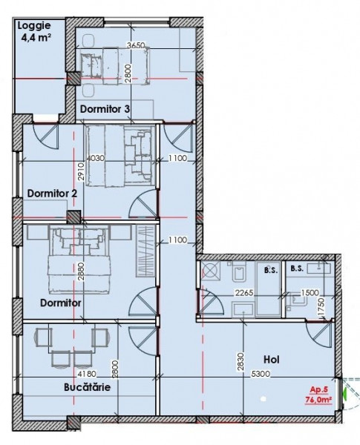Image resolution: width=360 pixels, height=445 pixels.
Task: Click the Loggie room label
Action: click(x=34, y=26)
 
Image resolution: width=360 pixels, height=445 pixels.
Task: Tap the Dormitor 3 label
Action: click(x=105, y=109)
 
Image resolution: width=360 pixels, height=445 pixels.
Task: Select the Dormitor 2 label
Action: click(x=52, y=194)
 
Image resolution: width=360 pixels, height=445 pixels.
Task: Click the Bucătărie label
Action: click(x=87, y=387)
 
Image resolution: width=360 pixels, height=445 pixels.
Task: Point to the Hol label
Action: click(x=272, y=360)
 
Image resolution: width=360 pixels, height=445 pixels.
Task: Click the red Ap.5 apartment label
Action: click(x=318, y=389)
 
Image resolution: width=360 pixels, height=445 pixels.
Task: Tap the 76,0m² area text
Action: click(x=318, y=400)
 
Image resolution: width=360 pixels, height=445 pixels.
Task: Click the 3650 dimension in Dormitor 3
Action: click(x=136, y=45)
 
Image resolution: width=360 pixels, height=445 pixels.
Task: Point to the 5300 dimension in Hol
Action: click(x=261, y=374)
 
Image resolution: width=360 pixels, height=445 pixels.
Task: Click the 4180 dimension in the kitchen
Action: click(x=87, y=374)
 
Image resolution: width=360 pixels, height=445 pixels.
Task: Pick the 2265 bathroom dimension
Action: click(x=244, y=293)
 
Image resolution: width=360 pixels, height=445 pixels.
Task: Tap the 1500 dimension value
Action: click(x=310, y=293)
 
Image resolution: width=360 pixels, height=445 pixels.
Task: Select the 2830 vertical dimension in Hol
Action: click(x=241, y=362)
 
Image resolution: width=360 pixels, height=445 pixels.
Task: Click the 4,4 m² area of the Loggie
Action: click(x=36, y=38)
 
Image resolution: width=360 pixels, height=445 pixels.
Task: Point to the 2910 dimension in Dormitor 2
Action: click(x=81, y=171)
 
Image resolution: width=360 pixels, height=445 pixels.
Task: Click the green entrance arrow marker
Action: click(x=344, y=394)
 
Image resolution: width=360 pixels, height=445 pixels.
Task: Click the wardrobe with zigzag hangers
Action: click(x=145, y=251)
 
